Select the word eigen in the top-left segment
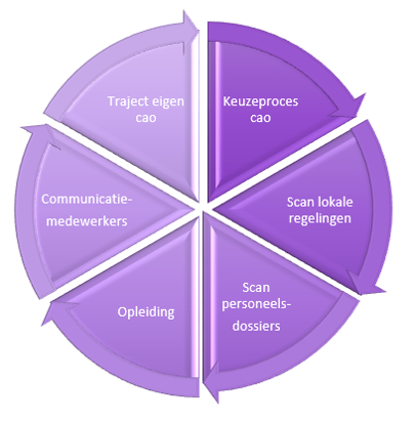coord(169,102)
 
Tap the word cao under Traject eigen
coord(146,118)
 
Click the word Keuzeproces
coord(260,102)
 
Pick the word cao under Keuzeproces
coord(261,118)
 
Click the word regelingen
coord(320,219)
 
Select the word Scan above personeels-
coord(256,288)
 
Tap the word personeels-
coord(256,305)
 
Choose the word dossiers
coord(256,326)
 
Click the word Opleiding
coord(146,313)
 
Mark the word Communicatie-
coord(86,200)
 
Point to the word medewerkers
coord(86,221)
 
